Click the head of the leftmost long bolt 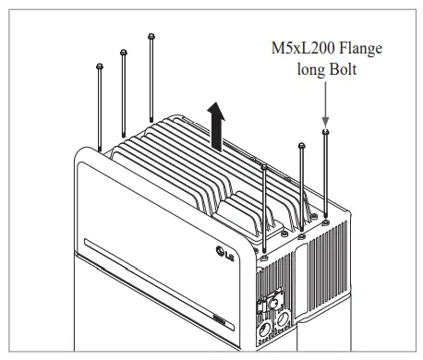99,66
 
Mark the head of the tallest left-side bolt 151,36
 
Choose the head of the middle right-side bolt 301,146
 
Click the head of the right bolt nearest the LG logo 265,167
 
